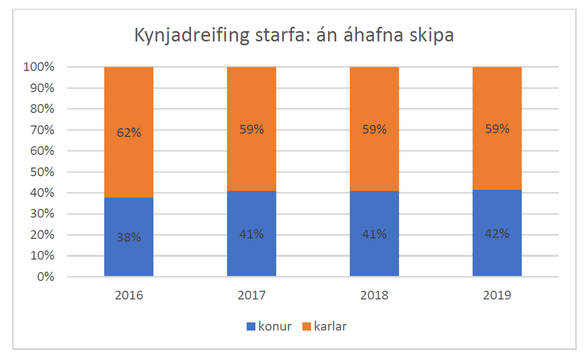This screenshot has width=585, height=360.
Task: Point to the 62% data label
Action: click(129, 132)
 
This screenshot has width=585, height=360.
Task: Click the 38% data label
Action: click(129, 237)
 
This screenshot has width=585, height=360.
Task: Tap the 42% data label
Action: click(497, 233)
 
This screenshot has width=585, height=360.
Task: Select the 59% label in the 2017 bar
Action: click(252, 130)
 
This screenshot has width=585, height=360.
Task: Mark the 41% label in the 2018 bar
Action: click(374, 234)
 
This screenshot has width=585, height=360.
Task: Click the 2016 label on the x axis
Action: click(129, 296)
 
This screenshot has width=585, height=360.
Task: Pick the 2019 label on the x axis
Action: click(497, 296)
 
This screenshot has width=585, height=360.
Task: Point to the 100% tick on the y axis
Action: click(39, 67)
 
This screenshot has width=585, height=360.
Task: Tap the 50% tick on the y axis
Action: click(41, 172)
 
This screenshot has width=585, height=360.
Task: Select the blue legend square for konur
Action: click(252, 327)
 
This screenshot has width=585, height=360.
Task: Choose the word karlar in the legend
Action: click(330, 327)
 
